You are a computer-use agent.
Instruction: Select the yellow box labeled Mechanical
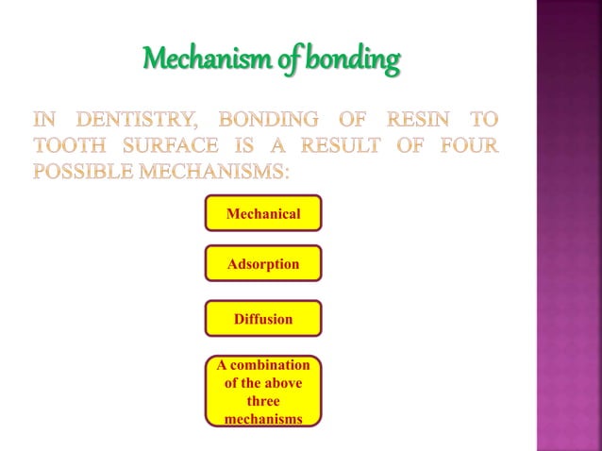tap(263, 213)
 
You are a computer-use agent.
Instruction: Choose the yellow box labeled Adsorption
tap(263, 264)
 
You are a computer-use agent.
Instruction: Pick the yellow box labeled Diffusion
tap(263, 319)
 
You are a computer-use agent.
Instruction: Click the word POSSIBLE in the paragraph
tap(84, 173)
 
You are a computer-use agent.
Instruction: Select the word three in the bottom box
tap(263, 400)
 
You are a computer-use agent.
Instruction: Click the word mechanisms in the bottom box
tap(263, 418)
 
